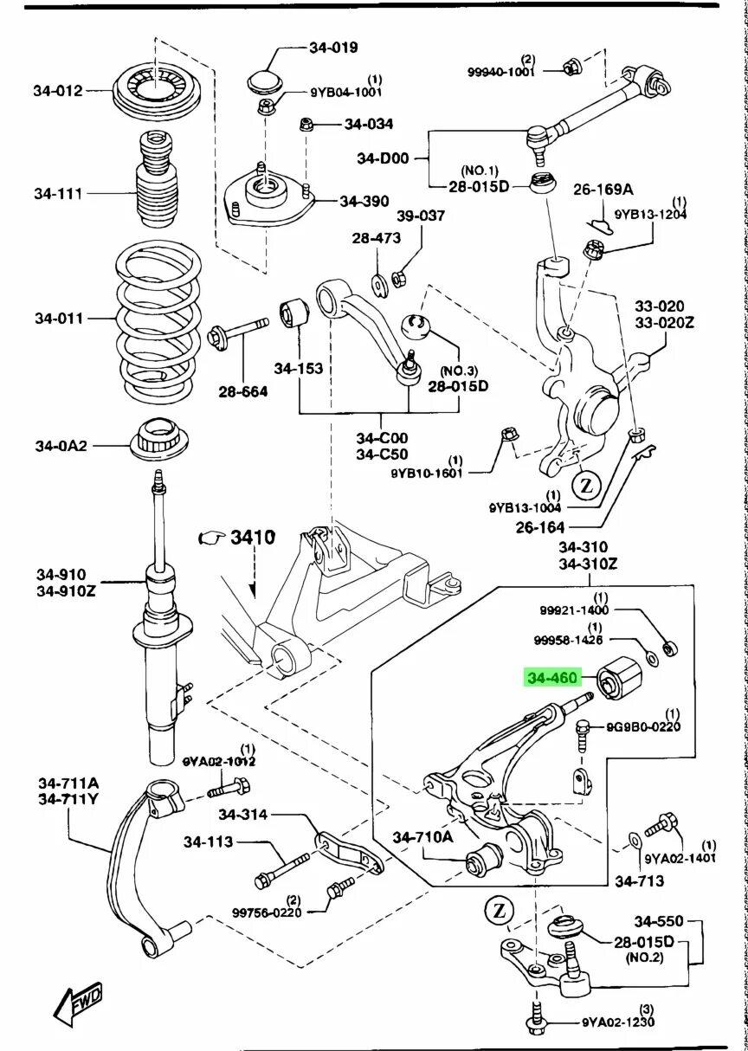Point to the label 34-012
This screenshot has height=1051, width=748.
(x=59, y=90)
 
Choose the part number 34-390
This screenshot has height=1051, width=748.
(x=364, y=201)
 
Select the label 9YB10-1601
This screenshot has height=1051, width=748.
(x=427, y=473)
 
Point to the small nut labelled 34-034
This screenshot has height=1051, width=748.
(x=306, y=125)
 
